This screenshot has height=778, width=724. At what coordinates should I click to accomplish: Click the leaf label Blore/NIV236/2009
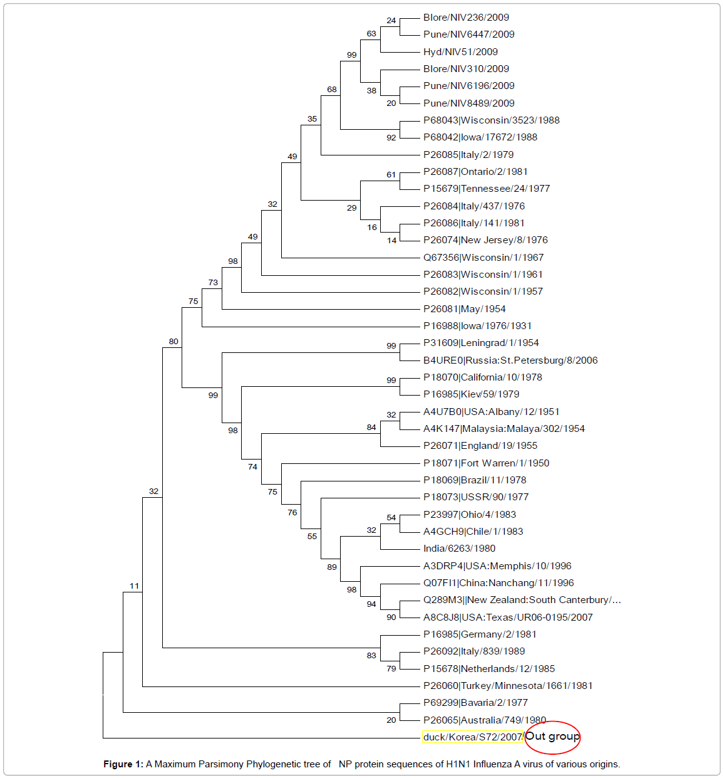click(466, 18)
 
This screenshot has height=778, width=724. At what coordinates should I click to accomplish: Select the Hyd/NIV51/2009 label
click(460, 52)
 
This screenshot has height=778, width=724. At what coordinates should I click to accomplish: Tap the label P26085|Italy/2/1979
click(468, 155)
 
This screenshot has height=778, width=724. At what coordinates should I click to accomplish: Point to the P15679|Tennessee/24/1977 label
click(487, 189)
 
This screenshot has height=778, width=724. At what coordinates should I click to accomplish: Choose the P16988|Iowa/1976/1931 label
click(477, 326)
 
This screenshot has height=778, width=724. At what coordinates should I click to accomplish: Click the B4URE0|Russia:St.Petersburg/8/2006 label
click(510, 360)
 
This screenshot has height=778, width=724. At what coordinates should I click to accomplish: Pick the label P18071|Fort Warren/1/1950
click(486, 463)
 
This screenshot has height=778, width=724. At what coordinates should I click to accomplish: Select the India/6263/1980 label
click(459, 549)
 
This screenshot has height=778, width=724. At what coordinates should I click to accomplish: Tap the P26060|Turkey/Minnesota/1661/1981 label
click(508, 686)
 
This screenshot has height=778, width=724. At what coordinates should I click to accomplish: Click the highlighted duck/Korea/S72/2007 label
click(472, 737)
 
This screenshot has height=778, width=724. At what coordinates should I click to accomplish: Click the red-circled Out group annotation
click(552, 737)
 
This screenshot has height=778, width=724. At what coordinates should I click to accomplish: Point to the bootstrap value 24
click(391, 21)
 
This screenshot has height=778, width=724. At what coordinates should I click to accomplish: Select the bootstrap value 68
click(332, 90)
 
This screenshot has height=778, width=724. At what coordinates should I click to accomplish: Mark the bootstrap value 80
click(173, 342)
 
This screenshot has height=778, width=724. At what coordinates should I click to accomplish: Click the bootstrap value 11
click(134, 586)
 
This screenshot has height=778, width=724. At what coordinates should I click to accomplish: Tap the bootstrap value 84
click(371, 428)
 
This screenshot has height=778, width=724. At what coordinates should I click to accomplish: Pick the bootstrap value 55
click(312, 537)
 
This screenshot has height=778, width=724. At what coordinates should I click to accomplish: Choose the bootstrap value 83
click(371, 656)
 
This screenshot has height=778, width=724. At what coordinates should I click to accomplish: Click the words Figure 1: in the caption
click(123, 764)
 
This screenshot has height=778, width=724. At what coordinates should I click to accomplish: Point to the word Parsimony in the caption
click(222, 764)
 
